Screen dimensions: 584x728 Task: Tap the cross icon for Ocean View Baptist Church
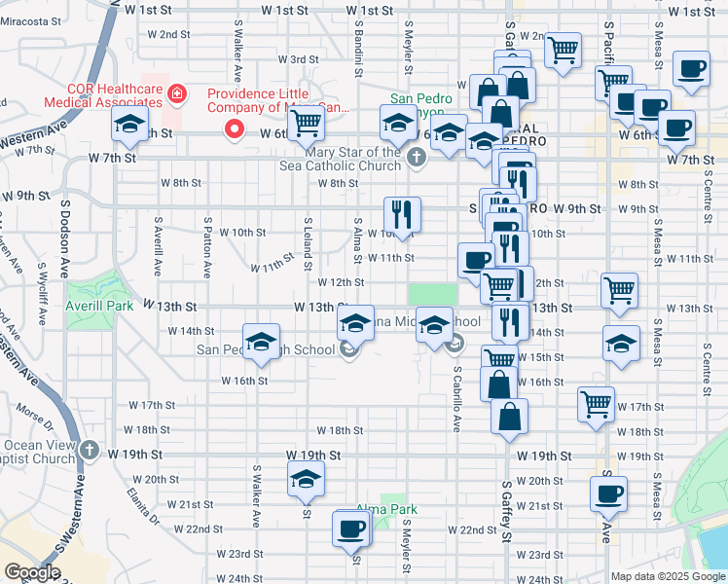[x=90, y=450]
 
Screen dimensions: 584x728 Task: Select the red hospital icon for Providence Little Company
[x=177, y=93]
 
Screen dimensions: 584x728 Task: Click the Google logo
[x=32, y=572]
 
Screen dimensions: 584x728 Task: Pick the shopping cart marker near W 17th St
[x=596, y=404]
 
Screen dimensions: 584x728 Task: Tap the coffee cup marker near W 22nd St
[x=351, y=529]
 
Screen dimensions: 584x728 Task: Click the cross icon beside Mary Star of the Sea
[x=417, y=157]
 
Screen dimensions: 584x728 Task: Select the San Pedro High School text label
[x=266, y=350]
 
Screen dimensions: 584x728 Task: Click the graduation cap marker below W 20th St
[x=306, y=480]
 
